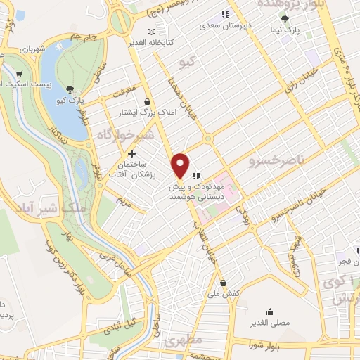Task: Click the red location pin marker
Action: click(181, 165)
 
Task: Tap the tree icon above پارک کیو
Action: click(70, 89)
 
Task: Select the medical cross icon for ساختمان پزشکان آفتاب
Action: click(131, 153)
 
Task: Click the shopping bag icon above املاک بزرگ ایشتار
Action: click(146, 101)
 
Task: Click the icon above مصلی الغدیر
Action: click(270, 311)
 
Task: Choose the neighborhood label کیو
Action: click(186, 60)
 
